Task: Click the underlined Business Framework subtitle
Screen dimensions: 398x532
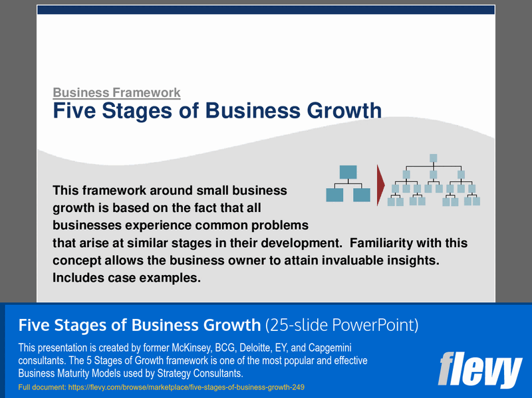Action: [116, 92]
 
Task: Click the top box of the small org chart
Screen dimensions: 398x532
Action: [348, 171]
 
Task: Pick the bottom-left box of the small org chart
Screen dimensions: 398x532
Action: [334, 195]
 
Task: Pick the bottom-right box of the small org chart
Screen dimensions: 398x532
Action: [362, 195]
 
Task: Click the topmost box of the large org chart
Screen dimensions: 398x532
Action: [433, 158]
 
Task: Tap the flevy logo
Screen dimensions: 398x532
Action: [479, 371]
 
